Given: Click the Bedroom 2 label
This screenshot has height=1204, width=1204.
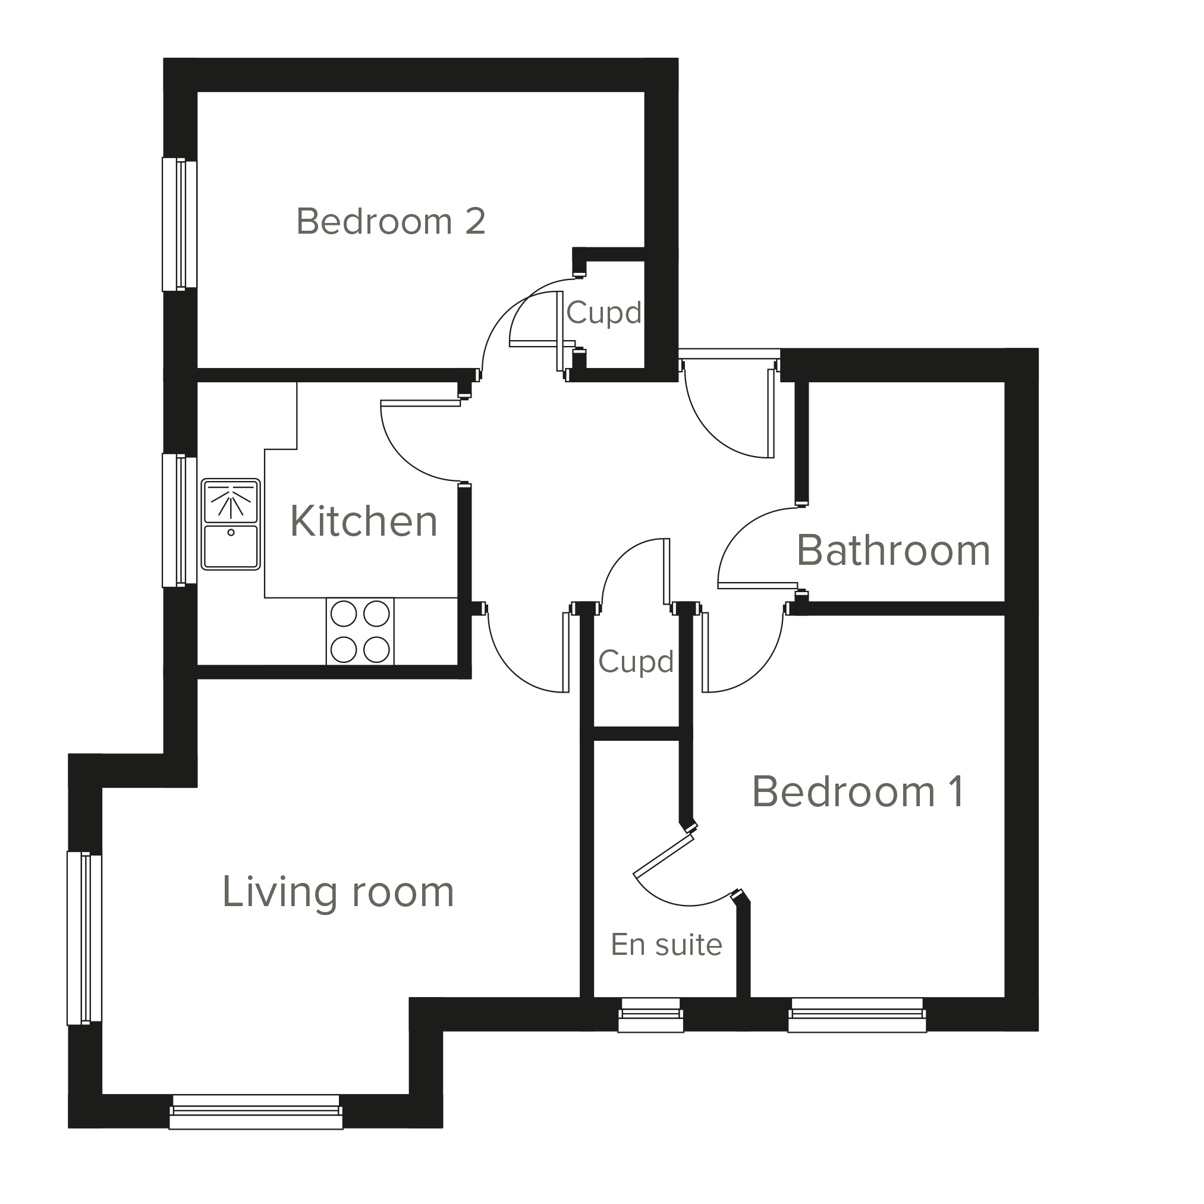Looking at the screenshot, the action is click(x=391, y=222).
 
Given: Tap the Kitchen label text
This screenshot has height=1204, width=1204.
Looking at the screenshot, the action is click(x=364, y=521).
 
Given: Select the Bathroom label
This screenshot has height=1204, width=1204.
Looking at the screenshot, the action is click(x=893, y=551).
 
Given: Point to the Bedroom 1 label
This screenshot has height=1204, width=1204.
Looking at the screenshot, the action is click(x=858, y=792).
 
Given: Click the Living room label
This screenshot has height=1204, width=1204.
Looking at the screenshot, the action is click(x=338, y=892).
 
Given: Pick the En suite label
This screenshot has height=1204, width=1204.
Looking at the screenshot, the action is click(x=666, y=944).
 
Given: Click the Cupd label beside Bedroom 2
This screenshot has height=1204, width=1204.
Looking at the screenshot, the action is click(x=604, y=312).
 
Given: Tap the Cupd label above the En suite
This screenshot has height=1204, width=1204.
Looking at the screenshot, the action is click(x=636, y=661).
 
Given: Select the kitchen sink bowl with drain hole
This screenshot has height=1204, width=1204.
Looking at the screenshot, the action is click(x=231, y=546).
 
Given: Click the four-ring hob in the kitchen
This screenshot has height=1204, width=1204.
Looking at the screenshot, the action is click(x=360, y=631).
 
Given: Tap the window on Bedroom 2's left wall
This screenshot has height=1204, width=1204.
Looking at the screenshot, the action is click(x=180, y=224).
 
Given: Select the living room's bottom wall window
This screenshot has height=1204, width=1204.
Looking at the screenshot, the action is click(x=256, y=1112).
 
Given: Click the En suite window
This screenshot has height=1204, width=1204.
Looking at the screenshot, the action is click(x=650, y=1014).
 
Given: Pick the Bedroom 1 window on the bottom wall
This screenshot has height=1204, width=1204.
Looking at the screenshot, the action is click(x=857, y=1014).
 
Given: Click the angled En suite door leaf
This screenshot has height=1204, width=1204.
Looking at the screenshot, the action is click(x=664, y=856).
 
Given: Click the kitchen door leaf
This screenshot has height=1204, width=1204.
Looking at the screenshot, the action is click(x=420, y=403).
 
